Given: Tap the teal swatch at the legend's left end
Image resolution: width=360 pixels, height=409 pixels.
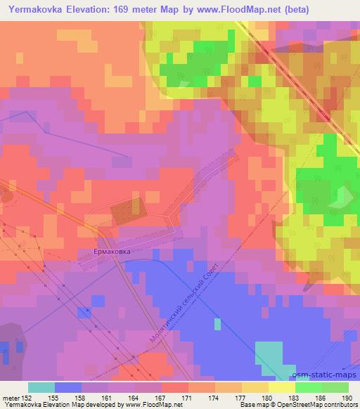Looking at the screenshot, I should (41, 387).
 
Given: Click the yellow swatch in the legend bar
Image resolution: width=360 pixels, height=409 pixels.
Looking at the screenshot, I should (281, 387).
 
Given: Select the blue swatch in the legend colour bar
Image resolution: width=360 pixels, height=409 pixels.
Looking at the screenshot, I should (68, 387).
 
